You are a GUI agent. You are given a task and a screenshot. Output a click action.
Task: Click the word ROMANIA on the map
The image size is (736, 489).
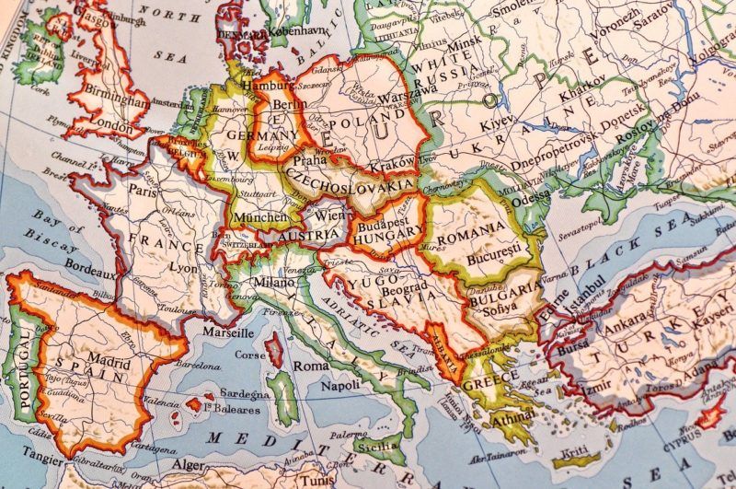[x=471, y=227]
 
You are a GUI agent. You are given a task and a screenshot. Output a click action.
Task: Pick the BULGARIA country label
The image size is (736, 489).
[x=504, y=293]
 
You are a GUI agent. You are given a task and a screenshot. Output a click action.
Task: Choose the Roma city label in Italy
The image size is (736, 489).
[x=310, y=366]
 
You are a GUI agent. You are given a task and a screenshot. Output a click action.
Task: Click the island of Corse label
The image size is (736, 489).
[x=250, y=354]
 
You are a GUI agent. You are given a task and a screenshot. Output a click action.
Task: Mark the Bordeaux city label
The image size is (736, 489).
[x=89, y=274]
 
